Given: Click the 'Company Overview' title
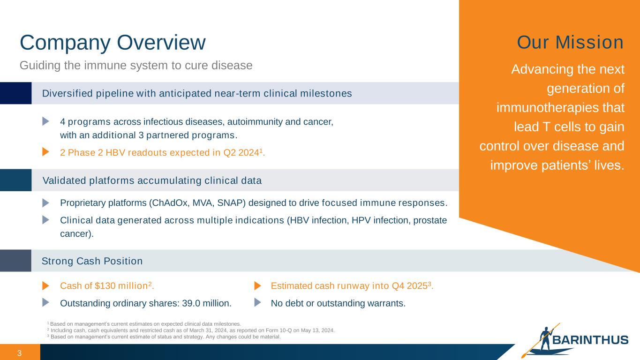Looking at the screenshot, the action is [113, 43].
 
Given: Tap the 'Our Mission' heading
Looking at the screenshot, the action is [570, 43].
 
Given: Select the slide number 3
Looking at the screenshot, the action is [19, 353].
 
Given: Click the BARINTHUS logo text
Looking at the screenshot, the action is [590, 340].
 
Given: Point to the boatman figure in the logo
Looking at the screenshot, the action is [545, 339].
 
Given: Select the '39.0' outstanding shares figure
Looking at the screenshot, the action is [191, 303].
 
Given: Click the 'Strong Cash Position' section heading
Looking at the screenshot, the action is [92, 261].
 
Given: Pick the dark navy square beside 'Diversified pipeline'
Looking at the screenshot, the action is [16, 93].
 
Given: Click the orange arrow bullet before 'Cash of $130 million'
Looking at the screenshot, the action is [46, 286].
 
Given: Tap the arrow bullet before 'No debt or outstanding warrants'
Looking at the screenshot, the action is [257, 302].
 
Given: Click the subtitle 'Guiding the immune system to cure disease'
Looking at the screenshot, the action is [136, 66].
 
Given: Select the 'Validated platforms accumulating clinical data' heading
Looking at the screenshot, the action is [152, 180].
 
